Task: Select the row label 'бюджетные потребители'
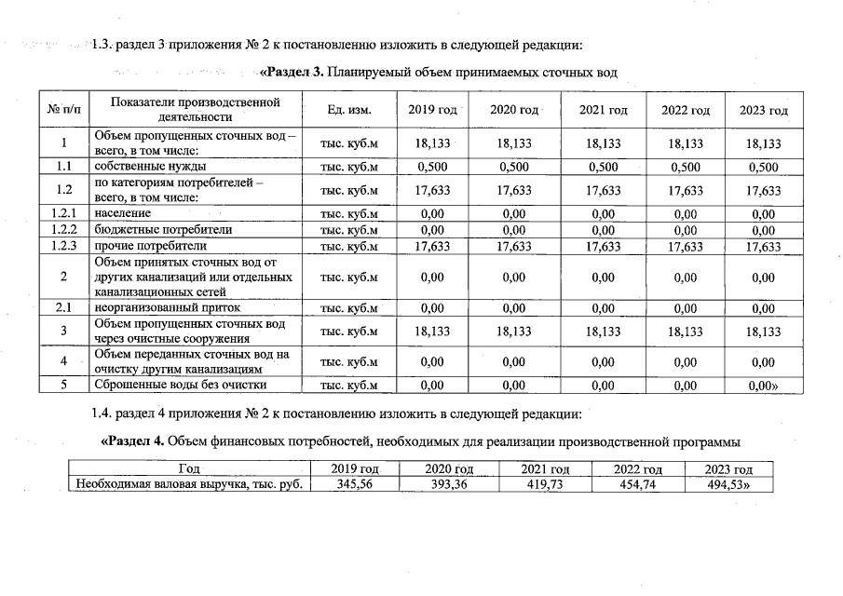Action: pos(150,230)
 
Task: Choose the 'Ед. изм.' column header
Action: pos(349,110)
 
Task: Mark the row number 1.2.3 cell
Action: pos(63,246)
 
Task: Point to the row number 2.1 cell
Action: pos(63,308)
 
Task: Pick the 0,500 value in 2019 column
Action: pos(432,168)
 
